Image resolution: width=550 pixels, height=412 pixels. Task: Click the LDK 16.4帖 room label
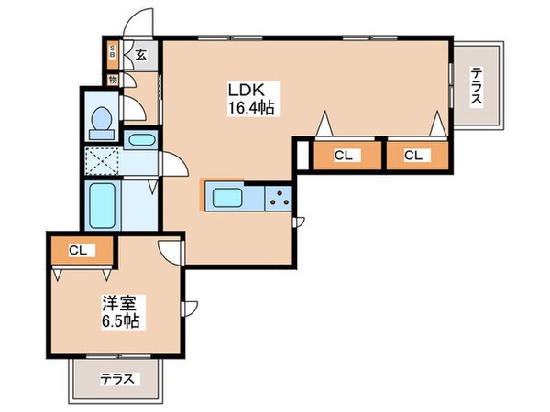click(x=251, y=99)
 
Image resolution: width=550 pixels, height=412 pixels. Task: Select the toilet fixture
click(x=102, y=123)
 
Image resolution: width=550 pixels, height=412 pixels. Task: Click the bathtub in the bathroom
click(x=102, y=206)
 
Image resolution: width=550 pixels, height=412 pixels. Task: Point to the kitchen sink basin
click(x=227, y=198)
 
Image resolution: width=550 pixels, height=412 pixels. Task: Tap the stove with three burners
click(x=279, y=199)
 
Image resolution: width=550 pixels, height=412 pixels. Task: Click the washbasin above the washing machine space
click(x=141, y=140)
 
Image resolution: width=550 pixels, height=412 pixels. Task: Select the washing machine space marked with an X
click(x=102, y=161)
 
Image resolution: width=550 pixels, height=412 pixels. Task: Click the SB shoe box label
click(x=112, y=50)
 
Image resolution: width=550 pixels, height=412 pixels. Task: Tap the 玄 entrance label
click(x=140, y=55)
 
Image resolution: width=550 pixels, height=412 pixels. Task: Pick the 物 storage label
click(x=113, y=80)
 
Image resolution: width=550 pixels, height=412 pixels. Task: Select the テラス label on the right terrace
click(x=476, y=86)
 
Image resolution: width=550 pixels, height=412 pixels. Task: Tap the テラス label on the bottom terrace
click(x=117, y=379)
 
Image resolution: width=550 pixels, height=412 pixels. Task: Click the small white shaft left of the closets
click(x=303, y=155)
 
